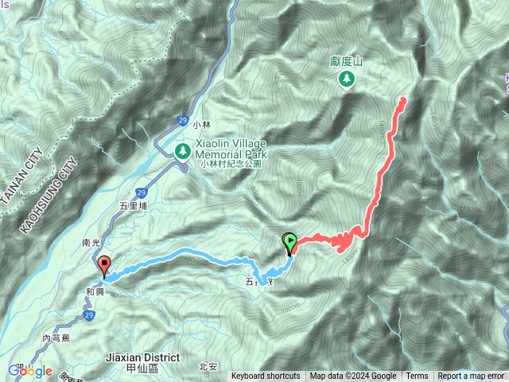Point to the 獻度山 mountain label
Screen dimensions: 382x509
click(346, 60)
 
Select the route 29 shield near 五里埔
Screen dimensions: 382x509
click(141, 193)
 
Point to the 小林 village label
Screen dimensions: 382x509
click(202, 125)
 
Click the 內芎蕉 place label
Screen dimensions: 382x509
click(56, 337)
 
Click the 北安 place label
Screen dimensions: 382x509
click(208, 366)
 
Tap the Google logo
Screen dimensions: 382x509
click(29, 371)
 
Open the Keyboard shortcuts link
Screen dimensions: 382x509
click(266, 376)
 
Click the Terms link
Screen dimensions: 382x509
click(417, 376)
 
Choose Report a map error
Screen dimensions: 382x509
click(472, 376)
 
